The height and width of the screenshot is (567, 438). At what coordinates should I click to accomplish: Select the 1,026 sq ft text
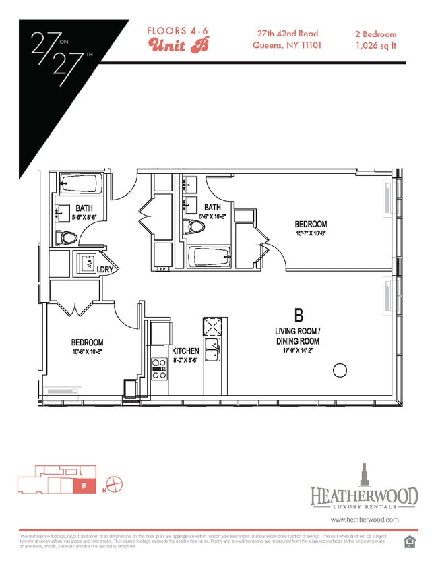tap(375, 46)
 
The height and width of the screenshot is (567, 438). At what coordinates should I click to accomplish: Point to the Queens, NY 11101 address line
tap(286, 46)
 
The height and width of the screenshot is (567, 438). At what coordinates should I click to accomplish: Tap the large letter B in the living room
tap(298, 315)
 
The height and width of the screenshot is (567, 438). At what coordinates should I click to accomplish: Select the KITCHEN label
tap(185, 351)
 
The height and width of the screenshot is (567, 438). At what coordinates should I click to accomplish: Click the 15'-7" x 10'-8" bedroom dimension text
tap(310, 234)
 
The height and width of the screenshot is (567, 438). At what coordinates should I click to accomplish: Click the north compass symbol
tap(114, 483)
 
